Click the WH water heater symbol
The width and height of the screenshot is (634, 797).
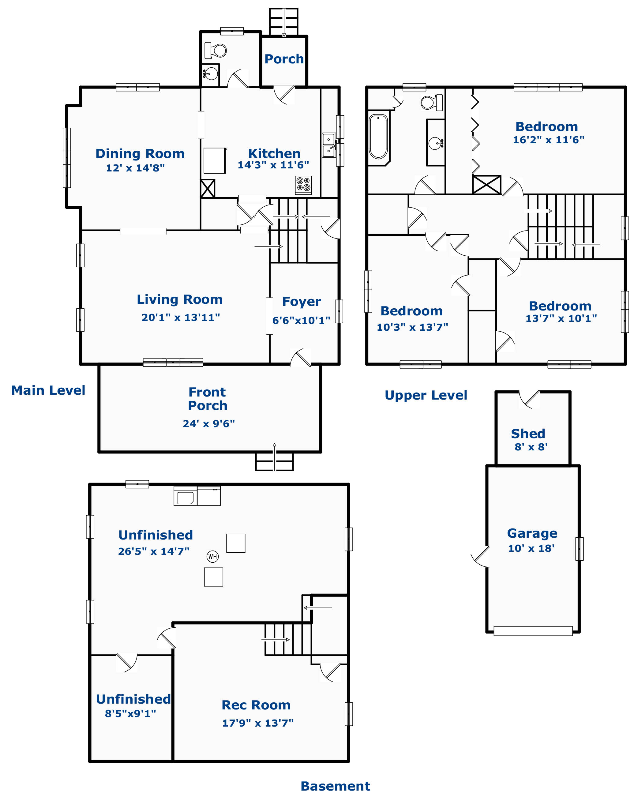tap(212, 556)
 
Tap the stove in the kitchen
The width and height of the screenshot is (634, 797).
tap(303, 185)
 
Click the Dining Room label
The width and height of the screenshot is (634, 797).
tap(140, 153)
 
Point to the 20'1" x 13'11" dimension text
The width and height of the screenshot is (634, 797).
tap(181, 317)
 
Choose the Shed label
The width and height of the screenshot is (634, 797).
tap(528, 433)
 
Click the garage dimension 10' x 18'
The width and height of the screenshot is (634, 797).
tap(531, 548)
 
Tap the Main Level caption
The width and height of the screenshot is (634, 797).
tap(48, 390)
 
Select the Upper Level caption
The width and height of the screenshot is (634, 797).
tap(426, 395)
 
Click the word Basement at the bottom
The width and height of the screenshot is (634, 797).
tap(335, 786)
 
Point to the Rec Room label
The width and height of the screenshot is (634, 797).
tap(256, 705)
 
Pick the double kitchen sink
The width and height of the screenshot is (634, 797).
tap(329, 145)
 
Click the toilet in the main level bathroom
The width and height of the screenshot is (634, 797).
tap(216, 50)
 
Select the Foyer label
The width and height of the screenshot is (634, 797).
tap(302, 302)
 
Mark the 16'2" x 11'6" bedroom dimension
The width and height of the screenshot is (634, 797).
tap(549, 140)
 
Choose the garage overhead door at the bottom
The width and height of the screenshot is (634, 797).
tap(533, 631)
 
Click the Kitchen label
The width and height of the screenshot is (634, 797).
tap(274, 153)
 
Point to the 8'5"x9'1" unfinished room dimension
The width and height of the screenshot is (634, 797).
tap(130, 713)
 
